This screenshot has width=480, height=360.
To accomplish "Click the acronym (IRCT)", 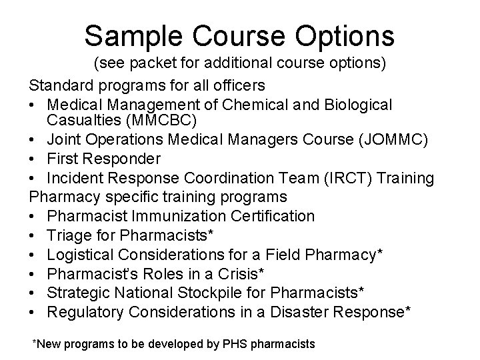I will [x=352, y=178].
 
